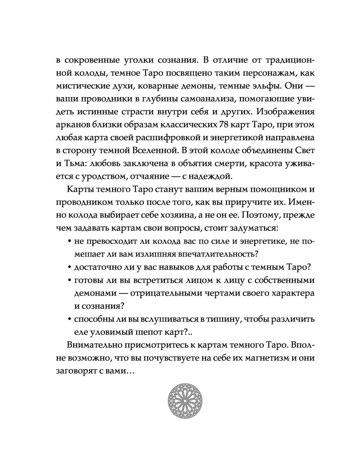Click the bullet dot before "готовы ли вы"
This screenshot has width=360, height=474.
(x=69, y=281)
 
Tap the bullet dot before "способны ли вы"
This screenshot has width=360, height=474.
(x=69, y=319)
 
